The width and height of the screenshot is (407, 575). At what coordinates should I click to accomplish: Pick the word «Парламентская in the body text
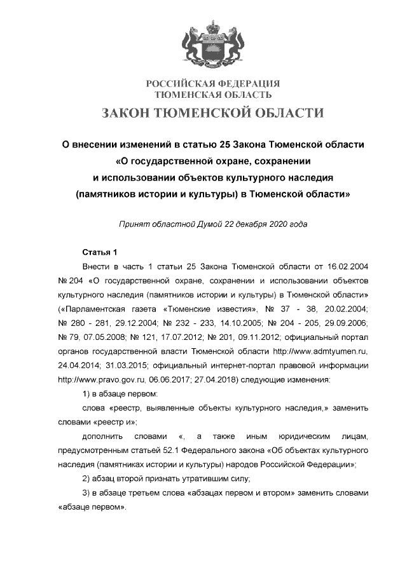click(88, 309)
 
